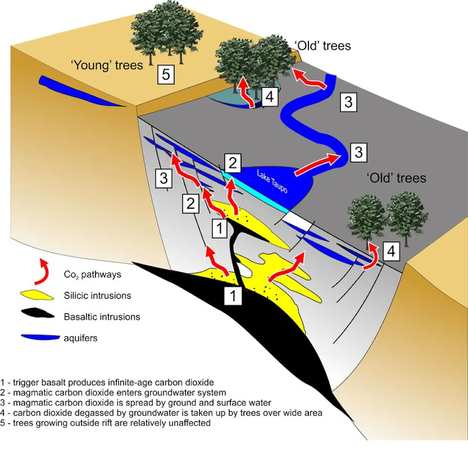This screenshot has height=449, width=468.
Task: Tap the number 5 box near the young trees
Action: pyautogui.click(x=167, y=74)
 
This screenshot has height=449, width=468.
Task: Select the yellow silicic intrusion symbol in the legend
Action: pyautogui.click(x=37, y=296)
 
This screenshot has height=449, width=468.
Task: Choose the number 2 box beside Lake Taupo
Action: pyautogui.click(x=233, y=163)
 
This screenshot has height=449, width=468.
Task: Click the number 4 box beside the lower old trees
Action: pyautogui.click(x=392, y=252)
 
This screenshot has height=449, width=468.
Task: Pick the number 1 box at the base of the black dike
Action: pyautogui.click(x=233, y=296)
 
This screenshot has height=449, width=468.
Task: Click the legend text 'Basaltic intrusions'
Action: pyautogui.click(x=102, y=317)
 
